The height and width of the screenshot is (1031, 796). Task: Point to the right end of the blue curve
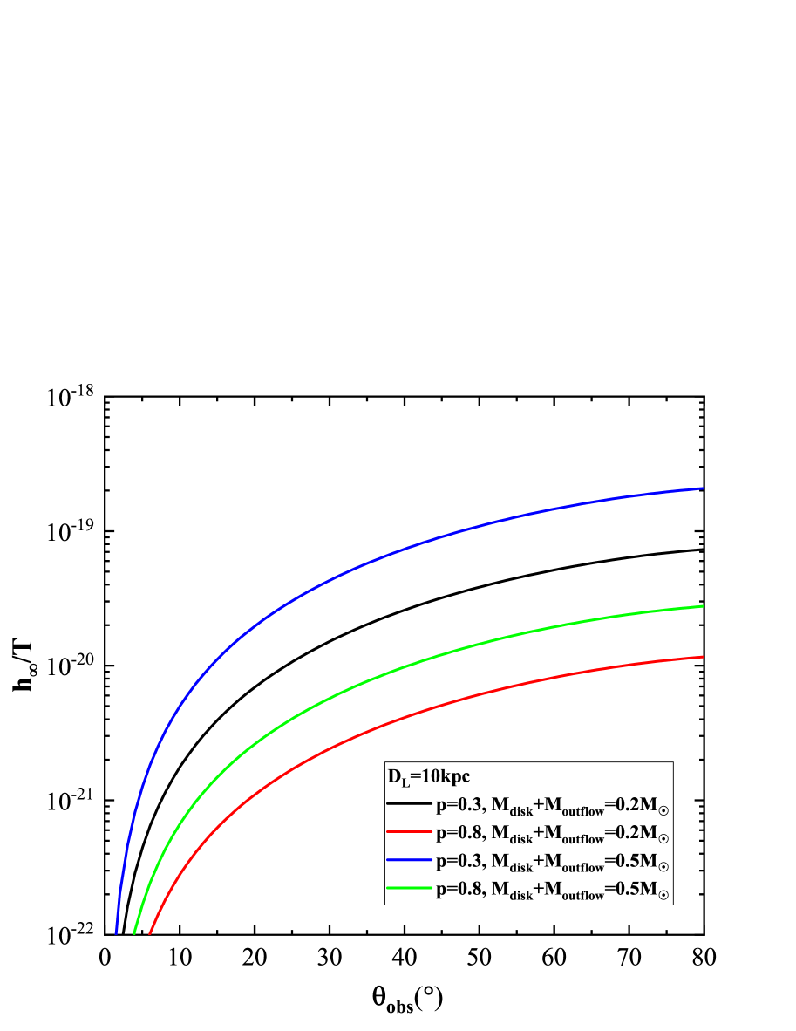pos(703,488)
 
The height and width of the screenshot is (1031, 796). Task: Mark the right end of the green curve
pos(703,606)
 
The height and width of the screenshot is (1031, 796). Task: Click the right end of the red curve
pos(703,657)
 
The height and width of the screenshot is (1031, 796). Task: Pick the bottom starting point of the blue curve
pos(116,932)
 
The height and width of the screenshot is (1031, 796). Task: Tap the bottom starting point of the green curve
pos(133,932)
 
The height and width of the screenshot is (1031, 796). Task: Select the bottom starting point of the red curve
pos(150,932)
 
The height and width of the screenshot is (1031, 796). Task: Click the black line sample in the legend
pos(410,803)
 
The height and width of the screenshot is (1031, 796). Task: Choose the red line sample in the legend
pos(410,831)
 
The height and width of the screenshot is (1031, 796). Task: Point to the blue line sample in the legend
pos(410,860)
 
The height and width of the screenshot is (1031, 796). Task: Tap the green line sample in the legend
pos(410,888)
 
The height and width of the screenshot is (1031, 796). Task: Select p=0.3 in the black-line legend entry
pos(459,805)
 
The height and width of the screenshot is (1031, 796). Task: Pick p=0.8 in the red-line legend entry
pos(459,833)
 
